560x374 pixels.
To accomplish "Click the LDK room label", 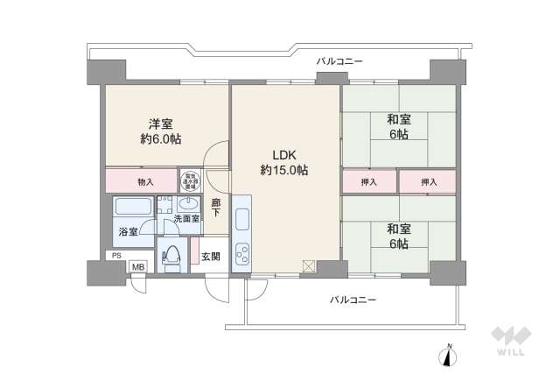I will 283,155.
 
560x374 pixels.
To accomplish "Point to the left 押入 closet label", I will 368,182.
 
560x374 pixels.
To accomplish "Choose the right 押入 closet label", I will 428,182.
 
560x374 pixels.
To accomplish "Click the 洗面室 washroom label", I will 185,218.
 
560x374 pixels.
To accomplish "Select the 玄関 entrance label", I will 210,257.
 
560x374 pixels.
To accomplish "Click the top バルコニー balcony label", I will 339,60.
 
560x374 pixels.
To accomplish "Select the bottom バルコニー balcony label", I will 353,300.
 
